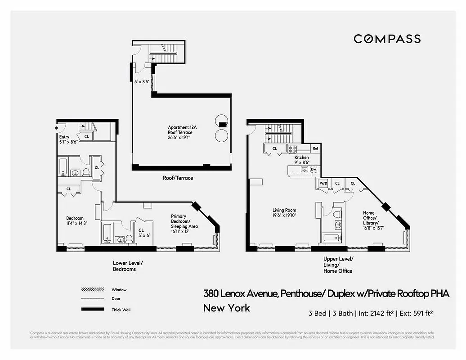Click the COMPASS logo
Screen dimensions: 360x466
tap(387, 39)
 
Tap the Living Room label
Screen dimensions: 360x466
tap(284, 212)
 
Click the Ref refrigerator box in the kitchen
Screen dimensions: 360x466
tap(315, 148)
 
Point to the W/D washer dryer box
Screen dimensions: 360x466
tap(323, 184)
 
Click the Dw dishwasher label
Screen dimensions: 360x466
tap(314, 169)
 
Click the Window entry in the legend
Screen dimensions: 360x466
tap(119, 290)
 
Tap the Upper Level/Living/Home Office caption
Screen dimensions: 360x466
tap(338, 265)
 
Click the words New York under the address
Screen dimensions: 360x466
tap(226, 308)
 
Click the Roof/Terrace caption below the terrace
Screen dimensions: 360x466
tap(178, 178)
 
